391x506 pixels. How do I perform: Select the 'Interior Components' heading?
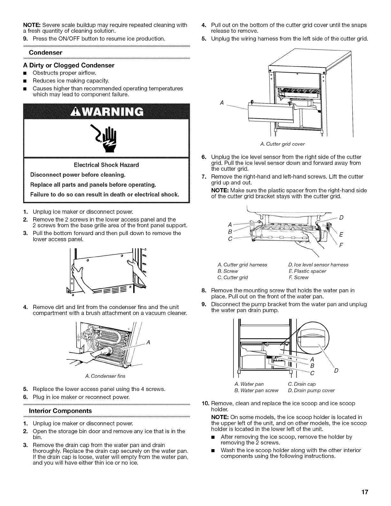(60, 410)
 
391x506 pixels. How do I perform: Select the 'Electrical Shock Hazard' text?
(106, 165)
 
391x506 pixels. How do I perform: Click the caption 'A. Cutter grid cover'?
(282, 144)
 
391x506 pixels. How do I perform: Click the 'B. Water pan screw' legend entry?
(257, 390)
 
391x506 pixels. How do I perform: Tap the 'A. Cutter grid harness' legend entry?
(242, 264)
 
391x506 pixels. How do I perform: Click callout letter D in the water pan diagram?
(336, 371)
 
